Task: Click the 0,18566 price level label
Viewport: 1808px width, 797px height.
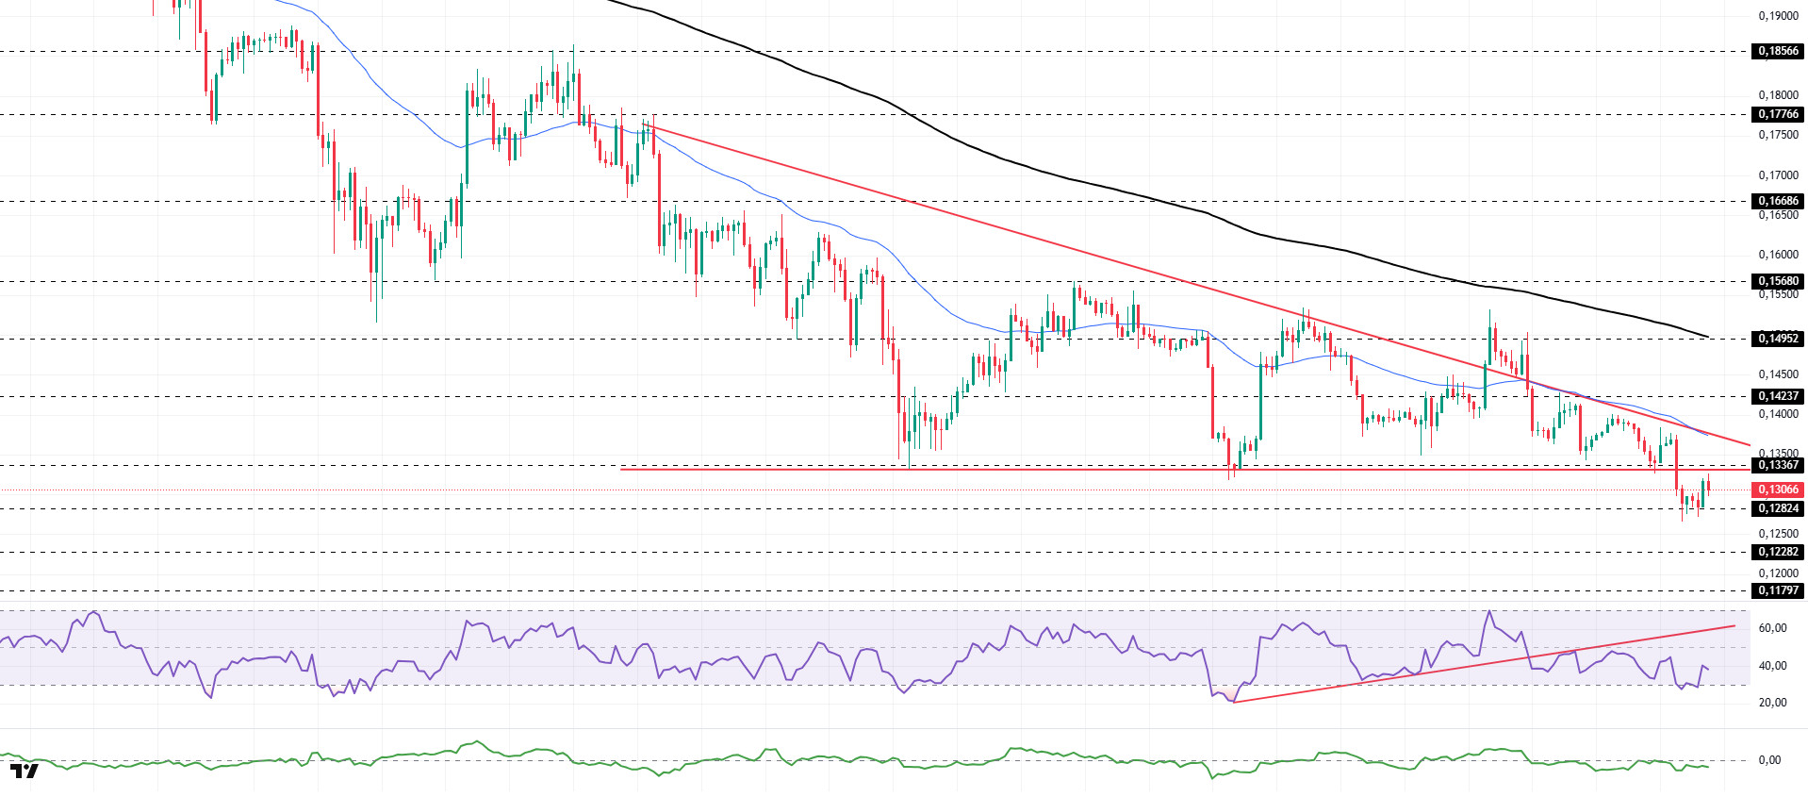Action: pyautogui.click(x=1778, y=51)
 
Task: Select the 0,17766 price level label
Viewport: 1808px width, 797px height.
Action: pyautogui.click(x=1778, y=114)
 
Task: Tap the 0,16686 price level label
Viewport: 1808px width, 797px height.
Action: pyautogui.click(x=1778, y=201)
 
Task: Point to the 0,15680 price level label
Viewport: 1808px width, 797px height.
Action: pyautogui.click(x=1778, y=281)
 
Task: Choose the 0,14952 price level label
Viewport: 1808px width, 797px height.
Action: pyautogui.click(x=1778, y=338)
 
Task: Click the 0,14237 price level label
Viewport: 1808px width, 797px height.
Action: pyautogui.click(x=1778, y=396)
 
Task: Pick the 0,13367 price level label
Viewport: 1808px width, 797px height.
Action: pyautogui.click(x=1778, y=465)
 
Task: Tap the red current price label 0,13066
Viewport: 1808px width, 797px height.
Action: pyautogui.click(x=1778, y=490)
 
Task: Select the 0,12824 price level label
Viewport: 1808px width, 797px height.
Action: pyautogui.click(x=1778, y=508)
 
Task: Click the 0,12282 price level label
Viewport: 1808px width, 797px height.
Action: pyautogui.click(x=1778, y=552)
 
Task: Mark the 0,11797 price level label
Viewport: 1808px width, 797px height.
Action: pyautogui.click(x=1778, y=590)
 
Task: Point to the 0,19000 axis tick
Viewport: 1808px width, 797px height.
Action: pyautogui.click(x=1778, y=16)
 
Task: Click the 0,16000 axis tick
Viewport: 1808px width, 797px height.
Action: pyautogui.click(x=1778, y=255)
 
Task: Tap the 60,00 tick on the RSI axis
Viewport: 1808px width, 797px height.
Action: pyautogui.click(x=1772, y=628)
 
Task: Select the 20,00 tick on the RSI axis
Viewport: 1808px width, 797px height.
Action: pyautogui.click(x=1772, y=703)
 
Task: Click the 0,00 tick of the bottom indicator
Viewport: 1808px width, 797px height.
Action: pyautogui.click(x=1769, y=760)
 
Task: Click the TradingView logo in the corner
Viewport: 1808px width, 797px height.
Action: pyautogui.click(x=25, y=772)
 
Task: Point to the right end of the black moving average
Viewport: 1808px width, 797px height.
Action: pyautogui.click(x=1708, y=337)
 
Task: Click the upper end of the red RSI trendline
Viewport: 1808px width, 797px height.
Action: pyautogui.click(x=1734, y=625)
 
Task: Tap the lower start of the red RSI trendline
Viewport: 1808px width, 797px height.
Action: pyautogui.click(x=1233, y=702)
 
